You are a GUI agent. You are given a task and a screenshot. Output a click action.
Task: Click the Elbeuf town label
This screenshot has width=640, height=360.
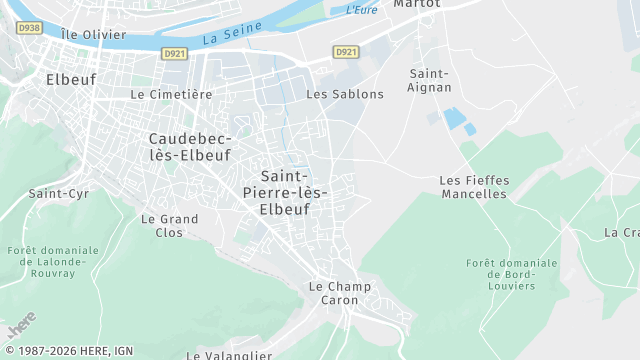[69, 77]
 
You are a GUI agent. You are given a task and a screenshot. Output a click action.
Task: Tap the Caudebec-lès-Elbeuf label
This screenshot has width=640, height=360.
[189, 146]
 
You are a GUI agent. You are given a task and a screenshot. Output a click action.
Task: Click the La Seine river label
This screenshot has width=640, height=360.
[224, 38]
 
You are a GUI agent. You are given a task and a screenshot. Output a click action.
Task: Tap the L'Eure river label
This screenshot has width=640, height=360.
[361, 10]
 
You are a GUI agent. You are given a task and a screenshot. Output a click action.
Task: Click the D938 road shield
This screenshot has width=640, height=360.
[29, 28]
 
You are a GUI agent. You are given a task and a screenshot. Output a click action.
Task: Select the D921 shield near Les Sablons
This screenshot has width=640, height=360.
[345, 52]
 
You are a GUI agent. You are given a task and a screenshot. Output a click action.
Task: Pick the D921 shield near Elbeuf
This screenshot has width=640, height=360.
[175, 52]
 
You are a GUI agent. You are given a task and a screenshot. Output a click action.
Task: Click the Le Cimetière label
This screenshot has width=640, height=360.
[171, 94]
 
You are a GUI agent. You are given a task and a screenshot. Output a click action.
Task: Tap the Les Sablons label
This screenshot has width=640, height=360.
[344, 94]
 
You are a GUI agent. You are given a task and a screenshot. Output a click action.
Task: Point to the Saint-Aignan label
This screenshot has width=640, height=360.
[430, 81]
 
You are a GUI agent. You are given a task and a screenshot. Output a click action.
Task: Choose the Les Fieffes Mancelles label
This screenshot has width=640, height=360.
[474, 187]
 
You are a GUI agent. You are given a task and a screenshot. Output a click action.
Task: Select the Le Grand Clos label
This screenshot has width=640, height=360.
[169, 225]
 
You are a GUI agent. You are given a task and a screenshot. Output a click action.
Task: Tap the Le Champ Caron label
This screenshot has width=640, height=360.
[339, 293]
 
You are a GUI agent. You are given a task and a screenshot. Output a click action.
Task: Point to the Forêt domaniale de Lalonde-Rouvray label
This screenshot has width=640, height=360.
[52, 261]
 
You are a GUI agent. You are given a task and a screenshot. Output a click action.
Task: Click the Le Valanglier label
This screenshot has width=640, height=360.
[229, 355]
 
